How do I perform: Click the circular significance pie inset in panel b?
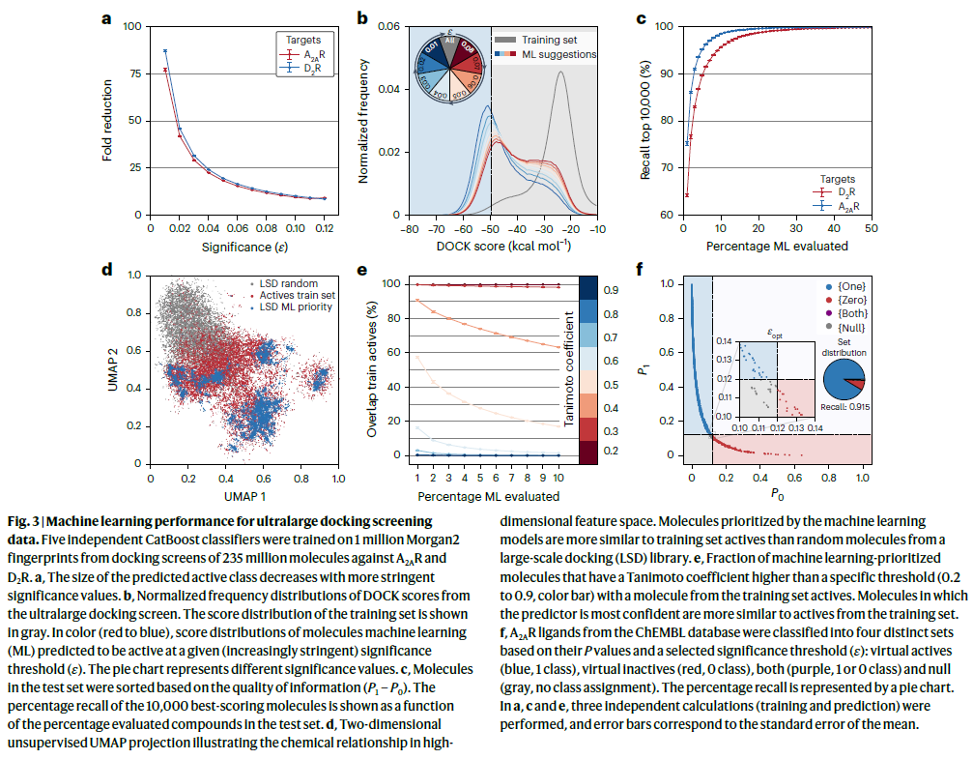(x=452, y=65)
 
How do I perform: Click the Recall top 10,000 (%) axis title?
(x=645, y=121)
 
